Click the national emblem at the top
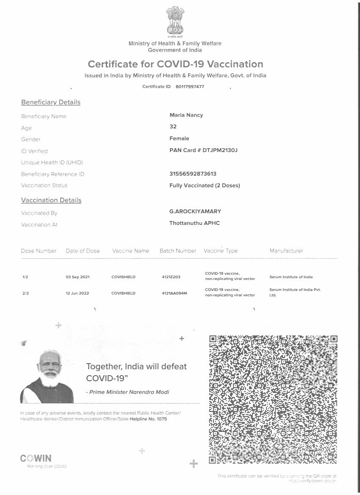pyautogui.click(x=175, y=21)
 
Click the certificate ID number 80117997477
pyautogui.click(x=189, y=87)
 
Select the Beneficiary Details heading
pyautogui.click(x=50, y=102)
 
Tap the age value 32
pyautogui.click(x=173, y=127)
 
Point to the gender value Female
pyautogui.click(x=179, y=138)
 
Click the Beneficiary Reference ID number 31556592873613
pyautogui.click(x=193, y=174)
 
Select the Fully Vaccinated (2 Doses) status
pyautogui.click(x=205, y=185)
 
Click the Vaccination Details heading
pyautogui.click(x=51, y=200)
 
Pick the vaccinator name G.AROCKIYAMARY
pyautogui.click(x=195, y=211)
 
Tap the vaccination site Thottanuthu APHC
pyautogui.click(x=194, y=223)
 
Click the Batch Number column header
pyautogui.click(x=178, y=251)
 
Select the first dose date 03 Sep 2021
pyautogui.click(x=78, y=277)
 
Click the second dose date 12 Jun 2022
pyautogui.click(x=77, y=293)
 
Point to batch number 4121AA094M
pyautogui.click(x=174, y=293)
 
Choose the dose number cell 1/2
pyautogui.click(x=25, y=277)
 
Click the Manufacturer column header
pyautogui.click(x=286, y=251)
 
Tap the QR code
pyautogui.click(x=274, y=398)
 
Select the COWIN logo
pyautogui.click(x=36, y=458)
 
